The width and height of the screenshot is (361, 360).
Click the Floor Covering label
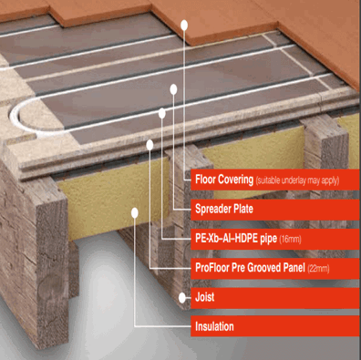[x=222, y=179]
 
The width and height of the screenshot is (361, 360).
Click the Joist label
[x=204, y=297]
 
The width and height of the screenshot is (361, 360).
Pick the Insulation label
[x=214, y=326]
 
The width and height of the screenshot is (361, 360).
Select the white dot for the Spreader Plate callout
[x=172, y=88]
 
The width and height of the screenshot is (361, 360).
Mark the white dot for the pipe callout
[x=161, y=113]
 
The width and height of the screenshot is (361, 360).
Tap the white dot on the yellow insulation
[x=135, y=211]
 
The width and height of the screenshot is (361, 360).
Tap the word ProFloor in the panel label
[x=214, y=268]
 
